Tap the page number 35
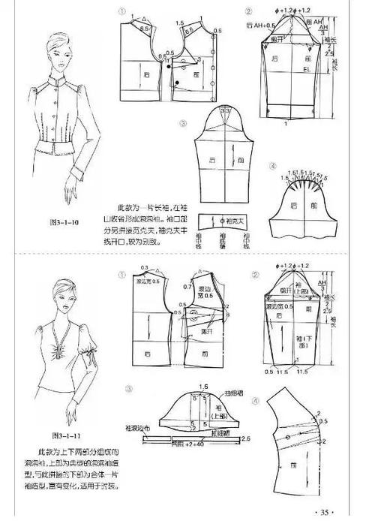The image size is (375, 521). coord(327,513)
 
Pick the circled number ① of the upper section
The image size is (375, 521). coord(121,13)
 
